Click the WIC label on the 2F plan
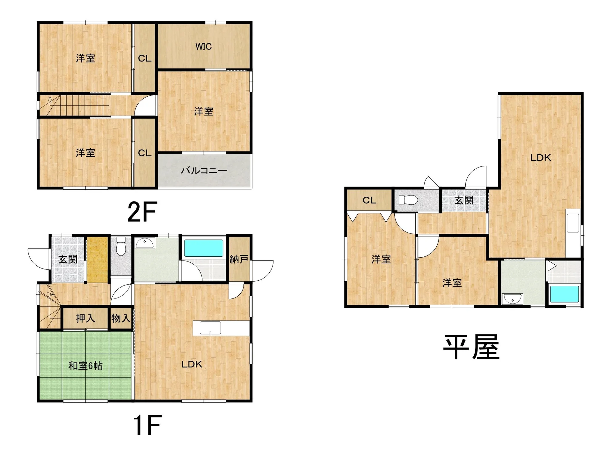[x=203, y=47]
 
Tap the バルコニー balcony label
[x=204, y=171]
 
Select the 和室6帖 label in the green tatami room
[x=85, y=365]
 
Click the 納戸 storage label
[x=239, y=259]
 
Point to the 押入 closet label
[x=85, y=318]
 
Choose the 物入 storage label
[x=121, y=318]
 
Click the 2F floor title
[x=142, y=212]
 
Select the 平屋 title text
[x=471, y=347]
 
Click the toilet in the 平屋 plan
[x=408, y=200]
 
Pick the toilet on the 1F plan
[x=121, y=246]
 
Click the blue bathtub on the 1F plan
[x=204, y=248]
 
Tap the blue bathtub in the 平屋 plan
[x=565, y=294]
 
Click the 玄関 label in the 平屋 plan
[x=464, y=200]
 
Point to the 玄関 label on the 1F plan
[x=68, y=259]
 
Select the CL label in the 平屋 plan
[x=369, y=200]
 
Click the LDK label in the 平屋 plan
[x=541, y=158]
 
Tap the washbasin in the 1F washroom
[x=145, y=243]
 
